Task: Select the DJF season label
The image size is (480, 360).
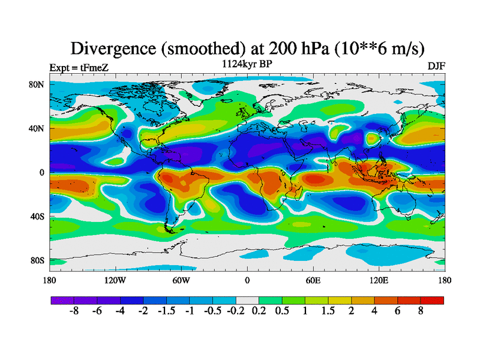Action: [436, 66]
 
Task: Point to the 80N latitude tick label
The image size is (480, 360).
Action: [37, 85]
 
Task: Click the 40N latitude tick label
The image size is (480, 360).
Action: [37, 128]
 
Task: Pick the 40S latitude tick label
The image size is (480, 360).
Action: [37, 216]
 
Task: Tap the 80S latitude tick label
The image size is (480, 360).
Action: [37, 260]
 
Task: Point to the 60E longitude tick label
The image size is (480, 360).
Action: [313, 280]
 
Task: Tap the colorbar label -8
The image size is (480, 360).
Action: [73, 313]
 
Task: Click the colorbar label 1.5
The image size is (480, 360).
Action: [328, 313]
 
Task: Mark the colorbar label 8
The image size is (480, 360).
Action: [421, 313]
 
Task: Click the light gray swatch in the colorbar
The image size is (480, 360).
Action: [247, 300]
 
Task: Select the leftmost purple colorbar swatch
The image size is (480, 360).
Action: [62, 300]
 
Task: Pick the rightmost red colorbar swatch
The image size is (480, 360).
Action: [433, 300]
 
